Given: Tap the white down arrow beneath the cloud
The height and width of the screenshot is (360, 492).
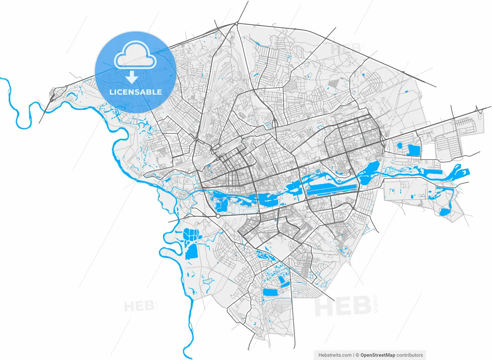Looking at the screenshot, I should tap(132, 77).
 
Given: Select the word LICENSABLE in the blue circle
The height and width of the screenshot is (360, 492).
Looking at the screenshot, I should tap(135, 92).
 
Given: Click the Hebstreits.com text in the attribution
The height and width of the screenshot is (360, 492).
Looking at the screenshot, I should tap(335, 355).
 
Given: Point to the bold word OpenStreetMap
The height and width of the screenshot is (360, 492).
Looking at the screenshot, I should tap(377, 355).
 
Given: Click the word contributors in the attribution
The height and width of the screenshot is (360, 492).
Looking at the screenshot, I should tap(410, 355).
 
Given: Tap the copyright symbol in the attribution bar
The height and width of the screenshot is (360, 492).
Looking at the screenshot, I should tap(357, 355).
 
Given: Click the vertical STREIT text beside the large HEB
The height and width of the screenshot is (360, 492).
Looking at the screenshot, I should tap(376, 304).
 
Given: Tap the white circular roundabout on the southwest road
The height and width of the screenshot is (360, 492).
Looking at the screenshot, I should tap(218, 217).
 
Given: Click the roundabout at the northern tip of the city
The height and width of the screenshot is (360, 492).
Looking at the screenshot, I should tap(236, 24).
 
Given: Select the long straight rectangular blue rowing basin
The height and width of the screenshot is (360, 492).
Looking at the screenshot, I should tap(333, 189).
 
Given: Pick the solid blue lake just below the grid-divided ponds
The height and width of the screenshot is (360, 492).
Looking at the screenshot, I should tap(191, 250).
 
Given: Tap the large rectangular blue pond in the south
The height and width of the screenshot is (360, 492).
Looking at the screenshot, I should tap(272, 292).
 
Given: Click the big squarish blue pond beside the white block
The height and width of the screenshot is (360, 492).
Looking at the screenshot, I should tap(414, 150).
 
